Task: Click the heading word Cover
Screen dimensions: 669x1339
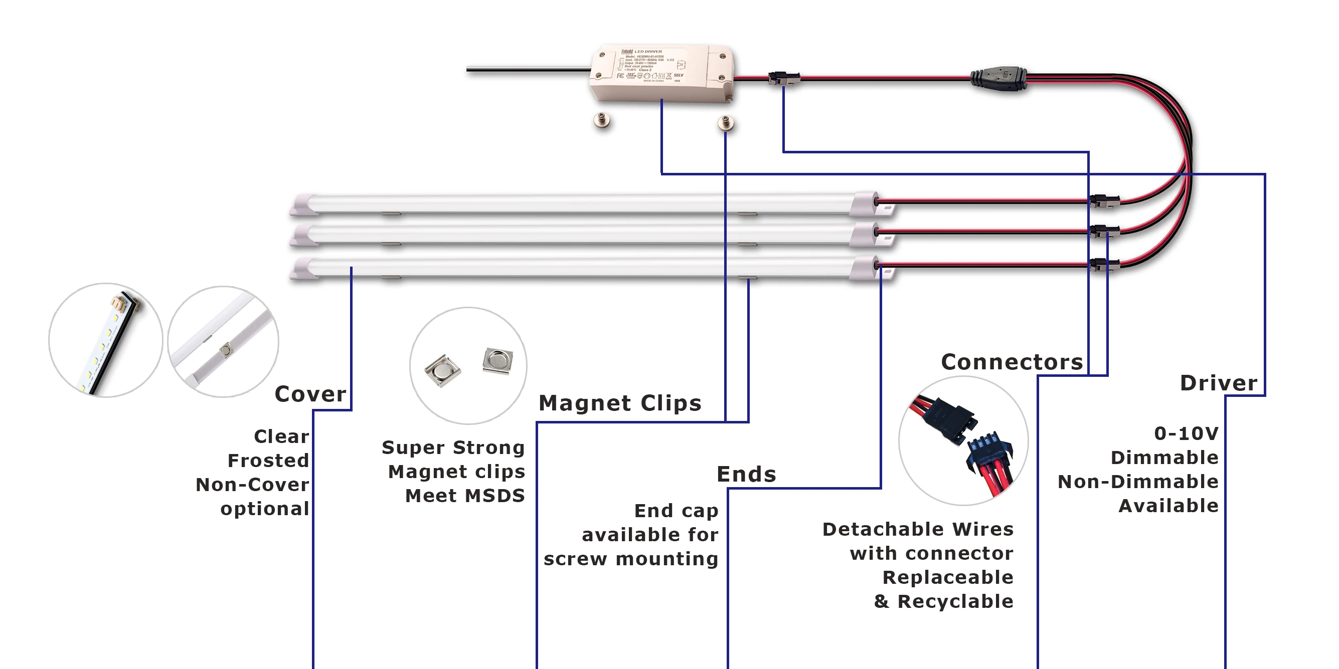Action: [310, 394]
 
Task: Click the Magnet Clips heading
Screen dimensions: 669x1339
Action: [619, 403]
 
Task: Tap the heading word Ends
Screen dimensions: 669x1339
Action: [746, 474]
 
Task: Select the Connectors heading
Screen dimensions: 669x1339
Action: [1012, 362]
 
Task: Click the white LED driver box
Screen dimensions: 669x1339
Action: [661, 72]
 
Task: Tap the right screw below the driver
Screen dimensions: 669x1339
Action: [726, 124]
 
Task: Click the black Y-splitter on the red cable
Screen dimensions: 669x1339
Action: [998, 80]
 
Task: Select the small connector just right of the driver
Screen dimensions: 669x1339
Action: [784, 79]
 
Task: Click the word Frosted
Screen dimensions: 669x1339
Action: [268, 461]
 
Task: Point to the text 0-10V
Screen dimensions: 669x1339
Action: [1186, 433]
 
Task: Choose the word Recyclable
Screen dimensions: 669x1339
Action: [955, 601]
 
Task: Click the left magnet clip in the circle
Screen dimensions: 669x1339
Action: [442, 370]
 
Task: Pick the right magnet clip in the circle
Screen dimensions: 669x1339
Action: [497, 360]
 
